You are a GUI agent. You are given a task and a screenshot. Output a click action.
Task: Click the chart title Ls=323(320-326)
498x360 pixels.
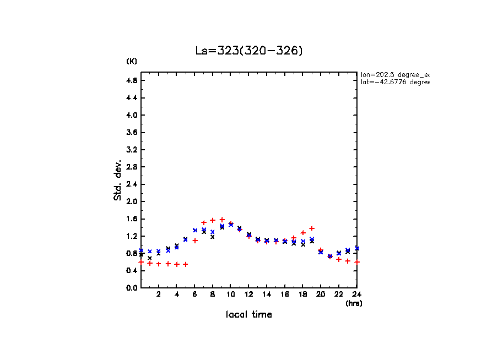249,51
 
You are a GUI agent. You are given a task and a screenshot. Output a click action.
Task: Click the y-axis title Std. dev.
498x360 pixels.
118,179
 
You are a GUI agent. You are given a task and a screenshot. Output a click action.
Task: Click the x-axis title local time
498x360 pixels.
249,315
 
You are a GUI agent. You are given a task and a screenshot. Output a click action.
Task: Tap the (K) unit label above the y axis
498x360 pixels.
132,61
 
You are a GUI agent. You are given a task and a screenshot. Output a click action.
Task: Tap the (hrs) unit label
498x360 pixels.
354,303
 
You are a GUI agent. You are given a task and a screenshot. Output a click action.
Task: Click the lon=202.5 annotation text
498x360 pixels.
394,74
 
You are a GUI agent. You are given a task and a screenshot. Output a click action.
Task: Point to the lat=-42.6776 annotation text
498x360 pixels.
394,82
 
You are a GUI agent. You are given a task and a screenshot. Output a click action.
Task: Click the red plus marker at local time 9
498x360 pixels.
222,220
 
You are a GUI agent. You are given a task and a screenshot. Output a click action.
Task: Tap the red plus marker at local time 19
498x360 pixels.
312,228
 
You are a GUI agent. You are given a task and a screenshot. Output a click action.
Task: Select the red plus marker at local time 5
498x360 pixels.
186,264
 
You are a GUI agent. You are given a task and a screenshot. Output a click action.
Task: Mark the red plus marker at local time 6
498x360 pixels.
195,241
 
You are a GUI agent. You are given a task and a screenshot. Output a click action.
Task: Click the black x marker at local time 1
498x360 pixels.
150,258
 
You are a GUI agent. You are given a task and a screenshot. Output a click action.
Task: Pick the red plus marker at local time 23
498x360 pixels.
348,261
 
